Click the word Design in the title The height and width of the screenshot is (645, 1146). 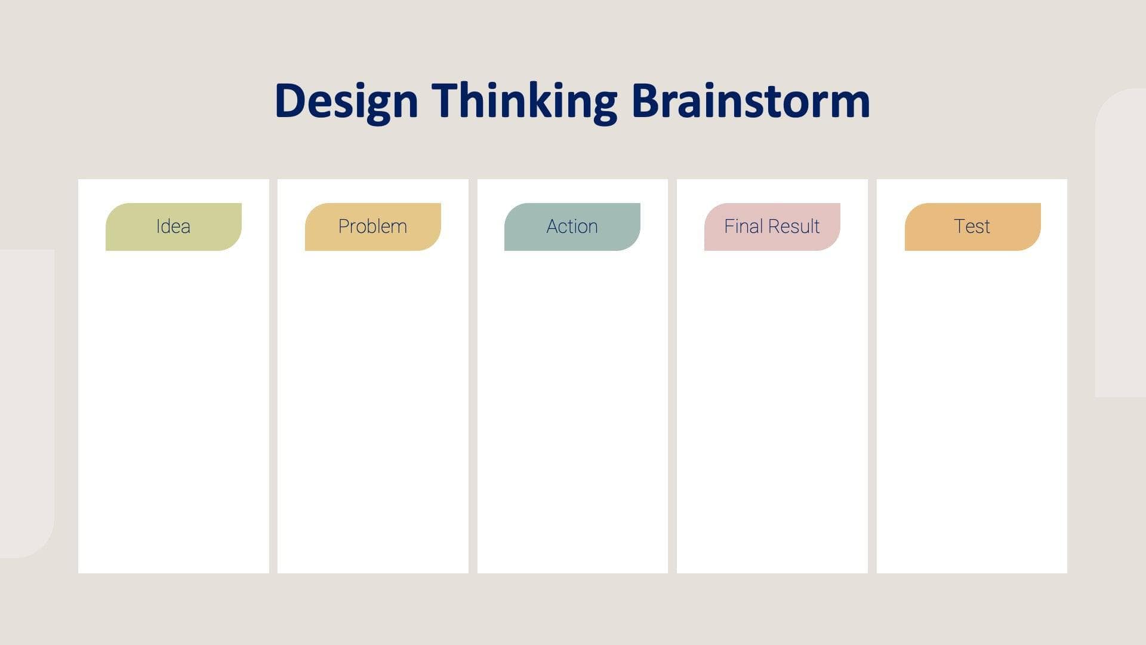click(346, 102)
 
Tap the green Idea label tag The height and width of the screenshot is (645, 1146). click(173, 227)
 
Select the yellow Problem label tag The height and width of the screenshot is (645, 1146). click(372, 227)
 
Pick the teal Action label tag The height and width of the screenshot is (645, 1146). click(572, 227)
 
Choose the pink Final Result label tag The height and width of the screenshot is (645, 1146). click(772, 227)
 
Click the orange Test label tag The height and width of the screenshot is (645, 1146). click(972, 227)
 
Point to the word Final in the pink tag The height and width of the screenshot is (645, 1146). click(743, 226)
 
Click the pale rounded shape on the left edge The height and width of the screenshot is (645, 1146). click(27, 403)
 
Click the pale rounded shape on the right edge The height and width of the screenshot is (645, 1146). click(1121, 239)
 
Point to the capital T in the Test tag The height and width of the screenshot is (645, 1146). click(959, 226)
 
